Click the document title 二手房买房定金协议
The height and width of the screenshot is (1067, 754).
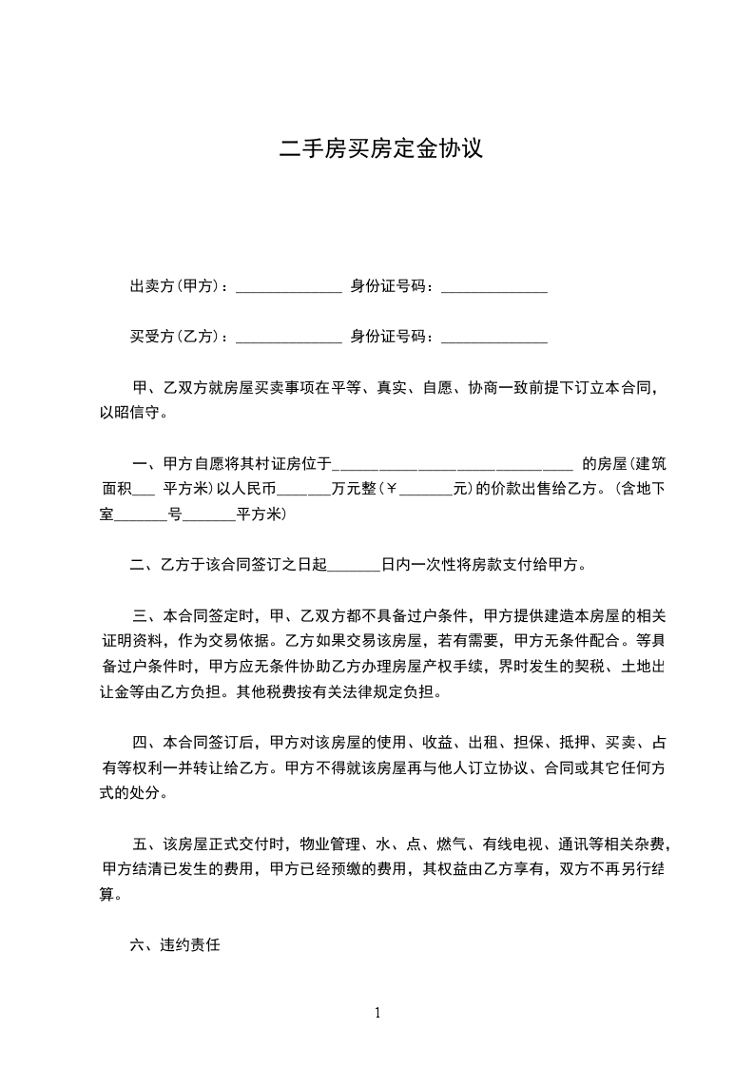pos(380,149)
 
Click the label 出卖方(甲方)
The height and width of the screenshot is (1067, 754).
pos(178,286)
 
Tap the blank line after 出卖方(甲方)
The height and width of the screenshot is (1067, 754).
pos(288,288)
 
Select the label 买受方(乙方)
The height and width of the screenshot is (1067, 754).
pos(178,336)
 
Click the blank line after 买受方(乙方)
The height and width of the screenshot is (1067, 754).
pos(288,338)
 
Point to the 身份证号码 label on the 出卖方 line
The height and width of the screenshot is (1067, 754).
pos(391,286)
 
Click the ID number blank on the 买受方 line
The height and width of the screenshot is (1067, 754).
pos(494,338)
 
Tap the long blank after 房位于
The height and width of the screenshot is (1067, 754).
pos(454,466)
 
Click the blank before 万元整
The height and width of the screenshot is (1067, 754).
pos(304,492)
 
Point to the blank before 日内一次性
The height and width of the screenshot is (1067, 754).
pos(354,566)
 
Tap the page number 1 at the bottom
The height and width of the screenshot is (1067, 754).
pos(377,1013)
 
